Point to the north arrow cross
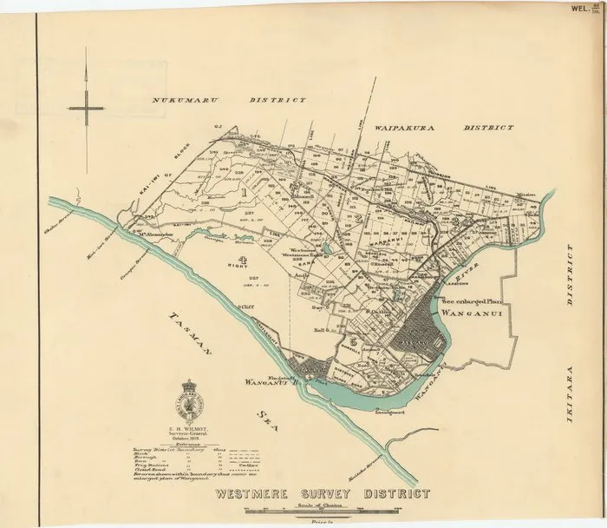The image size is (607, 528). tap(87, 108)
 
